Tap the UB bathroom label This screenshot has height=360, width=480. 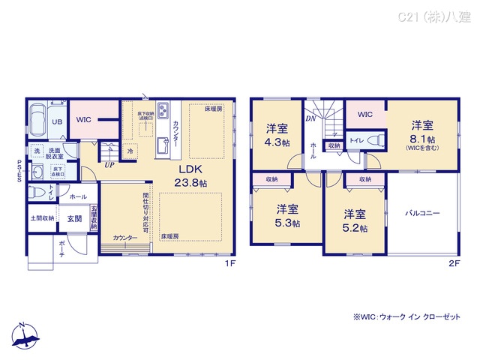coord(56,121)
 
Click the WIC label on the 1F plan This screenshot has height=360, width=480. coord(83,118)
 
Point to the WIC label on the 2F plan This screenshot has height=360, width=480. coord(365,115)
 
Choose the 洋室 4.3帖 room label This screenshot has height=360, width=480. coord(276,135)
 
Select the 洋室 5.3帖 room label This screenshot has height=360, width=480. coord(287,215)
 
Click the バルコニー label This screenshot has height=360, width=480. coord(424,213)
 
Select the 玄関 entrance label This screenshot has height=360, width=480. coord(74,218)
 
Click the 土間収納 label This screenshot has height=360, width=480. coord(42,218)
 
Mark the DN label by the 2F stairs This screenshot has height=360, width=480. coord(310,118)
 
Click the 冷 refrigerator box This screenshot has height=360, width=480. coord(130,150)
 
